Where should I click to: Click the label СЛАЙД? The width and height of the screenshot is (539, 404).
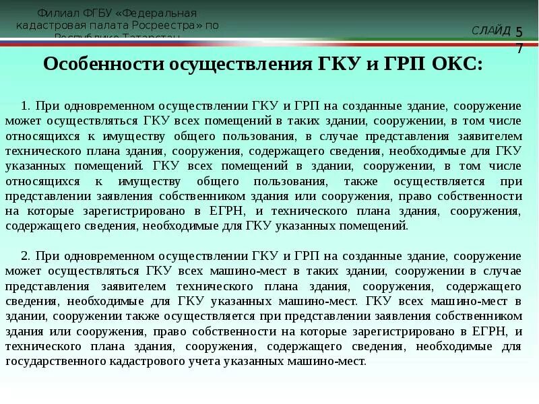click(491, 31)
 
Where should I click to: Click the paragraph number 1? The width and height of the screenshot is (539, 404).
click(25, 106)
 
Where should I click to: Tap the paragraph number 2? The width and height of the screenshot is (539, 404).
click(25, 257)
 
